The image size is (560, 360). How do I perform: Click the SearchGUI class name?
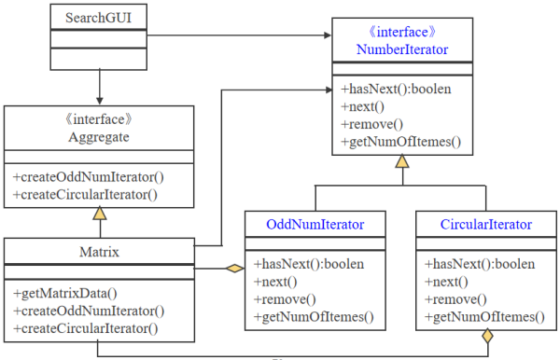click(x=97, y=18)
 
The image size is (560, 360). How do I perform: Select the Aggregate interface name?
click(x=99, y=137)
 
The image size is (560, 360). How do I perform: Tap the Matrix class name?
click(x=99, y=251)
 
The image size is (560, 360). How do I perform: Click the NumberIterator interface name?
click(x=401, y=48)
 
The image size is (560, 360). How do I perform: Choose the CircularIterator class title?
click(x=485, y=225)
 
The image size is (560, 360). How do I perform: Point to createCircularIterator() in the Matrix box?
click(x=86, y=327)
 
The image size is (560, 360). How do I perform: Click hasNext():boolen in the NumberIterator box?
click(x=400, y=90)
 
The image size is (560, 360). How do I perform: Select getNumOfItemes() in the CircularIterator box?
click(x=484, y=317)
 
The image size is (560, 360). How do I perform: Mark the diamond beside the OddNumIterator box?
click(x=233, y=270)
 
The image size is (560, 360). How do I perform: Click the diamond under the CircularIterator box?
click(x=485, y=339)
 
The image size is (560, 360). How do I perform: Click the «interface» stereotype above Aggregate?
click(x=99, y=120)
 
